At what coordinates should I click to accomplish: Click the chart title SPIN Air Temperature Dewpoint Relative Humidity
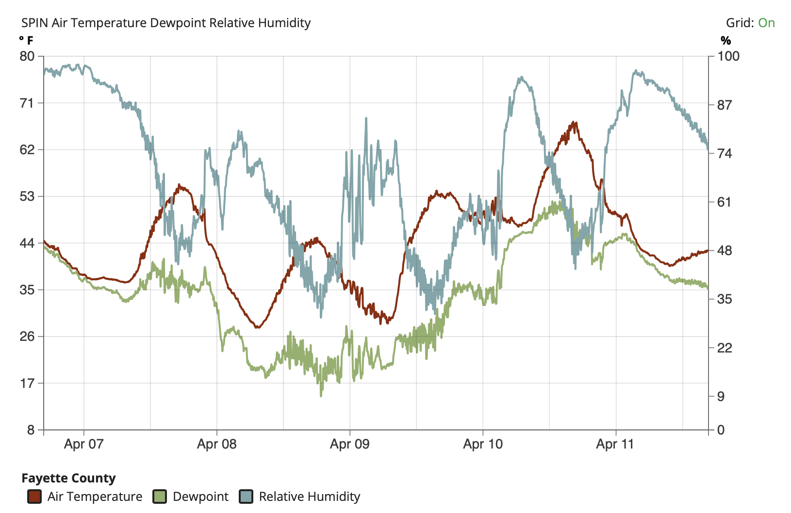tap(166, 23)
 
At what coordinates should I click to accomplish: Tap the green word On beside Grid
tap(766, 23)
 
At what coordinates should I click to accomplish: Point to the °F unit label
tap(26, 40)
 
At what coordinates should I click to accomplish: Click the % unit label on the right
tap(725, 40)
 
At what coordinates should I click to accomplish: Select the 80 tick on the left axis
tap(27, 56)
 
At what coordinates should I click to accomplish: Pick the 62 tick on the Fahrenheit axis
tap(27, 150)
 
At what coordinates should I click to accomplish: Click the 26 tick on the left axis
tap(27, 337)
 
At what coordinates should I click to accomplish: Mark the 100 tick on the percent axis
tap(728, 56)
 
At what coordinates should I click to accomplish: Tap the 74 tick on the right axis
tap(724, 154)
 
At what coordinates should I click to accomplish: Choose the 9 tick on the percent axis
tap(721, 397)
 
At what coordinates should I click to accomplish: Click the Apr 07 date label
tap(84, 444)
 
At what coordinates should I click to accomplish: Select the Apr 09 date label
tap(350, 444)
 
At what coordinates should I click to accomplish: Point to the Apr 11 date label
tap(615, 444)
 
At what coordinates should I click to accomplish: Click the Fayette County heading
tap(68, 478)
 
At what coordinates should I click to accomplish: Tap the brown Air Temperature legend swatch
tap(34, 497)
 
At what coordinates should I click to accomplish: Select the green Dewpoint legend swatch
tap(160, 497)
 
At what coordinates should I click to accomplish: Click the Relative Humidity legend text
tap(310, 497)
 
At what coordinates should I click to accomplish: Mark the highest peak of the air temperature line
tap(574, 122)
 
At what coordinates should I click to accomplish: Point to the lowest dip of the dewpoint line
tap(321, 396)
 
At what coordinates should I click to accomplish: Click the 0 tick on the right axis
tap(721, 430)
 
